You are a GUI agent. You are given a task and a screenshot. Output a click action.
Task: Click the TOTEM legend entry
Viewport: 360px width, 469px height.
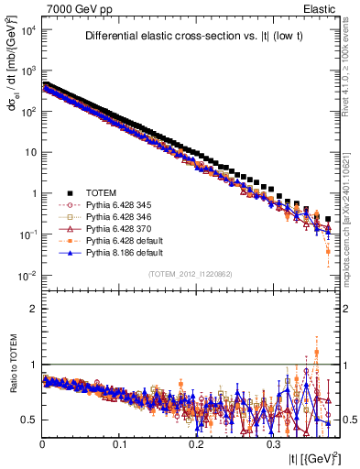coord(107,192)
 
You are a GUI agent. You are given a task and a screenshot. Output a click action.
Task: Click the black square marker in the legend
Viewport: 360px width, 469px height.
coord(69,192)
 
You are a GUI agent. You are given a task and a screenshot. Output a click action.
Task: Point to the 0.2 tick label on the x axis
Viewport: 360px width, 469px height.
coord(196,442)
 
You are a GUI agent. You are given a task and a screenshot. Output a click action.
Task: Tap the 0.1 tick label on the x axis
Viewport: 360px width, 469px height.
coord(119,442)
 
